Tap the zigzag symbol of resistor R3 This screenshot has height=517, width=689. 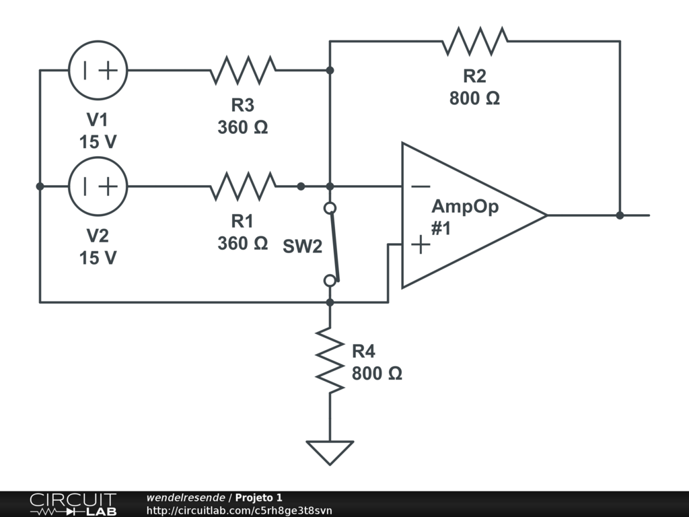click(x=243, y=70)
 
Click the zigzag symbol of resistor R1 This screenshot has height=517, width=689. click(x=243, y=186)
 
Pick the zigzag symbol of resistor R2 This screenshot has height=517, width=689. click(x=475, y=41)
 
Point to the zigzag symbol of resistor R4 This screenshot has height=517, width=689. click(x=330, y=360)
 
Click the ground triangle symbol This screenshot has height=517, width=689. click(x=330, y=452)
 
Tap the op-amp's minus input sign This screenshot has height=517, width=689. click(x=421, y=187)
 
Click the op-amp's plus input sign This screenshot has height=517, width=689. click(x=421, y=244)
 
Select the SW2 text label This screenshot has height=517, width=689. click(x=302, y=246)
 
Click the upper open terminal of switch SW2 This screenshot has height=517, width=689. click(x=330, y=208)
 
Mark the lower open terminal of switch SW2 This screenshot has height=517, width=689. click(x=330, y=281)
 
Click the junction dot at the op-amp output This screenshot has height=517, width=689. click(x=620, y=215)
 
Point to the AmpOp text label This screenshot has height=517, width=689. click(x=466, y=207)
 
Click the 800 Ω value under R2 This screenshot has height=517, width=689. click(x=474, y=98)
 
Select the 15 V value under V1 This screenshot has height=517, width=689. click(x=98, y=142)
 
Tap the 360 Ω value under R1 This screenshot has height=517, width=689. click(x=242, y=244)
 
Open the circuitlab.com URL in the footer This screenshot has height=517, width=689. click(x=239, y=510)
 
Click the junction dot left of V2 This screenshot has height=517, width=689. click(x=40, y=186)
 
